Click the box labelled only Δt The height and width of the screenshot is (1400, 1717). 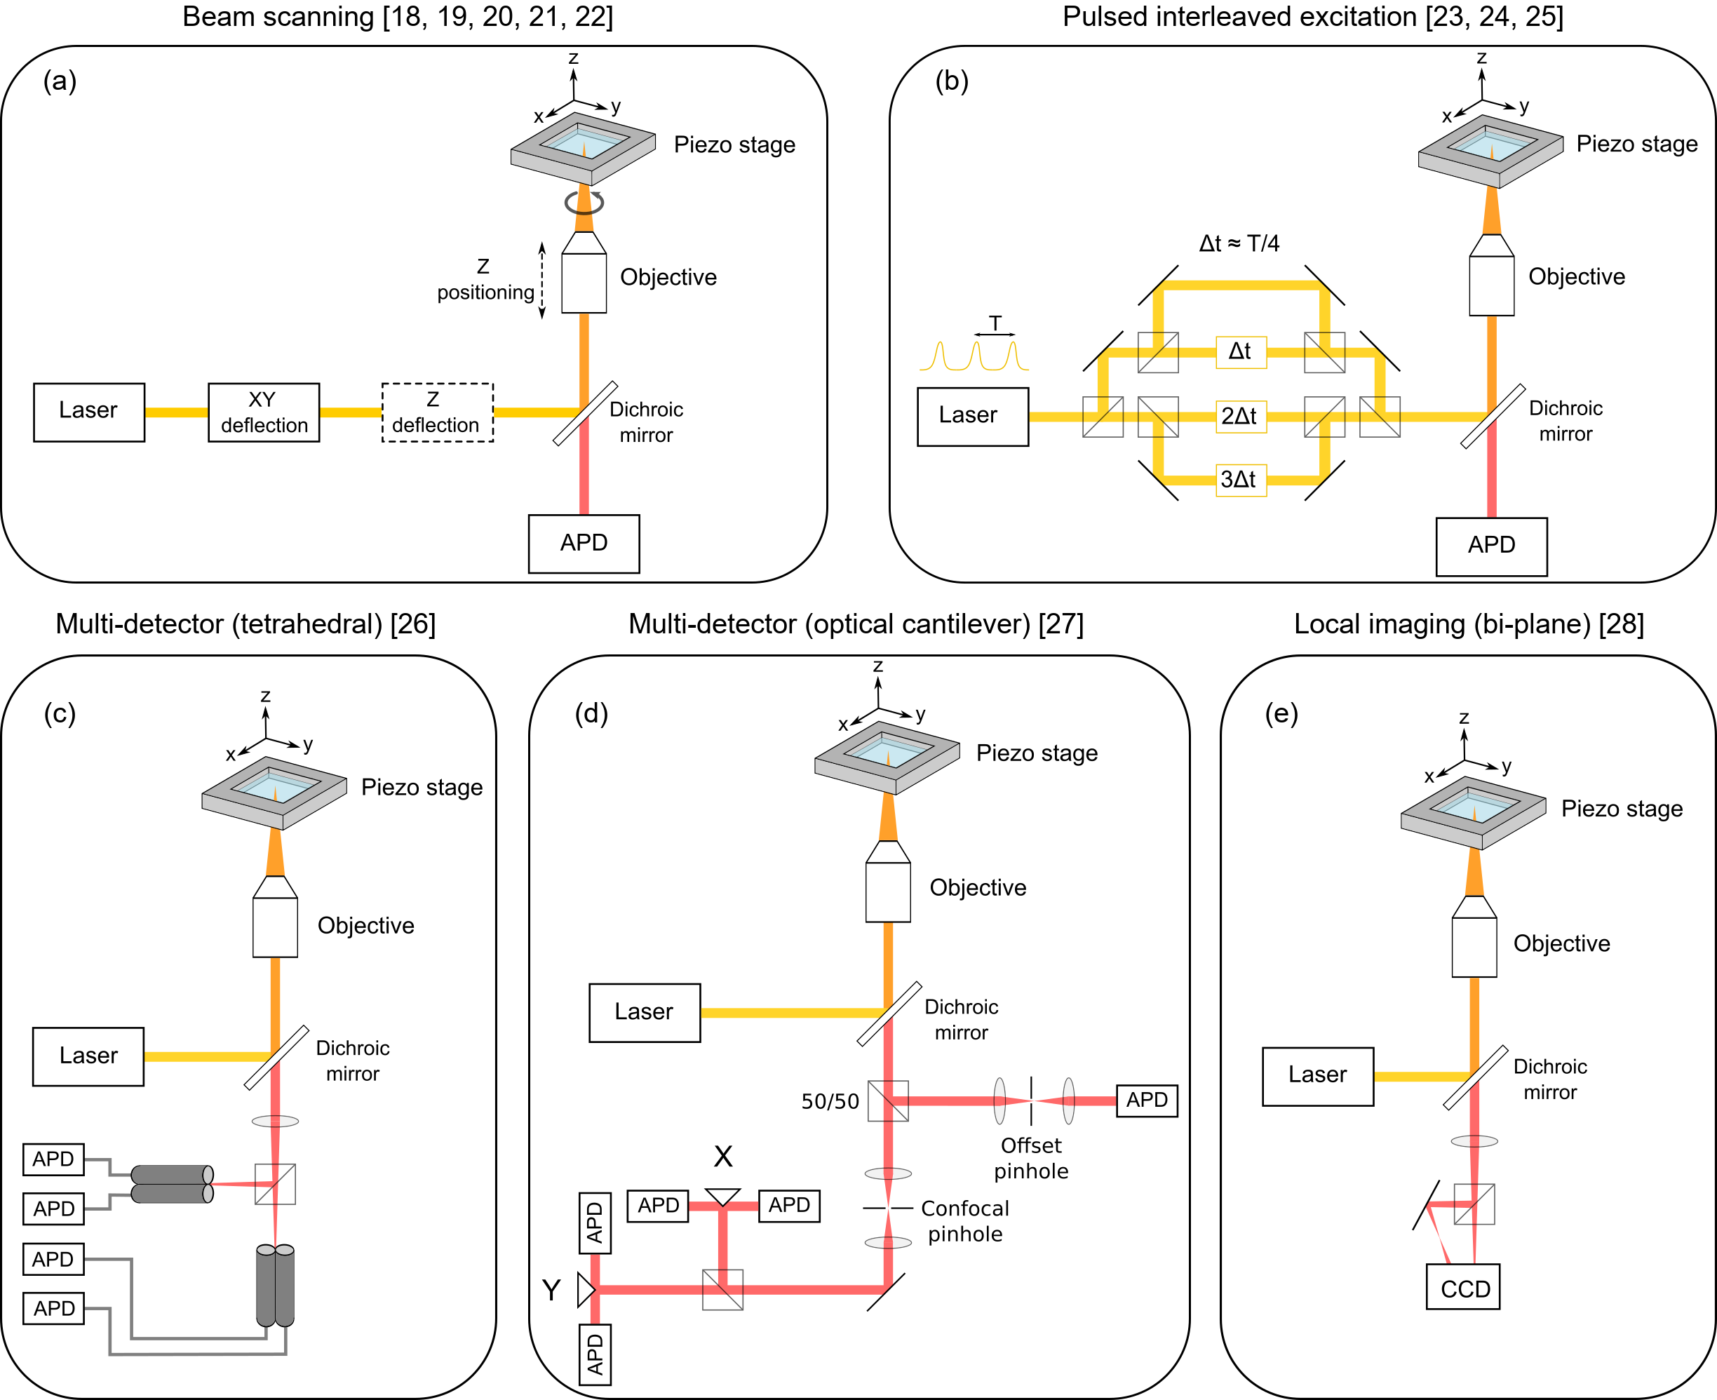[x=1240, y=352]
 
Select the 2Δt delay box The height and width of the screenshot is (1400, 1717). [x=1240, y=417]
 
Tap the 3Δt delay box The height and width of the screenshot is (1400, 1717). [x=1240, y=480]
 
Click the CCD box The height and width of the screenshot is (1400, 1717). [x=1463, y=1288]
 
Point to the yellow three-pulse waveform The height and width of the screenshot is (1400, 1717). [x=974, y=356]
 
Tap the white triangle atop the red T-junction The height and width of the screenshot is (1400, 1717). [x=722, y=1196]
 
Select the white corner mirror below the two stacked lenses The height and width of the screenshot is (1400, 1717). [x=893, y=1289]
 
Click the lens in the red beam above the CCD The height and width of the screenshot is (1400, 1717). [x=1474, y=1141]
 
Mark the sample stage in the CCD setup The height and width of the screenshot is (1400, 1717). [x=1473, y=813]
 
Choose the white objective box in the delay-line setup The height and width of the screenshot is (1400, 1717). [x=1491, y=286]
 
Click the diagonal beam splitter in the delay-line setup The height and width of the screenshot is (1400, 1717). [x=1493, y=416]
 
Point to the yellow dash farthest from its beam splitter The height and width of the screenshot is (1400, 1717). [x=176, y=413]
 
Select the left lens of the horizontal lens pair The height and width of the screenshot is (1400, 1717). [x=999, y=1101]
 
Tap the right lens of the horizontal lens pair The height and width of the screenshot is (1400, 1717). [x=1069, y=1101]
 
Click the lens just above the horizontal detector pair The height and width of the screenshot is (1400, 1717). [x=275, y=1121]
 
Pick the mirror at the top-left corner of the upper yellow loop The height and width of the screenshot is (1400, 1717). [x=1156, y=282]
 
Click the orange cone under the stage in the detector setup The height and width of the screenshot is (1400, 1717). [x=275, y=852]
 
